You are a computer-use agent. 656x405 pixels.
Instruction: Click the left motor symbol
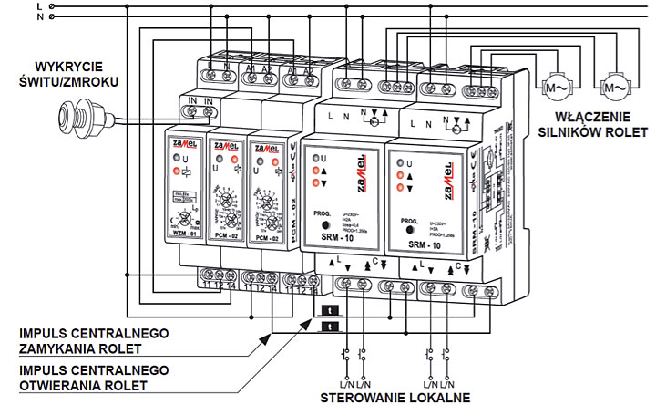click(x=557, y=88)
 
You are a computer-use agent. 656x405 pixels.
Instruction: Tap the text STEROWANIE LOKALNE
click(x=393, y=397)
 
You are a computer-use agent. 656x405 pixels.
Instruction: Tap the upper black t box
click(x=327, y=310)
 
